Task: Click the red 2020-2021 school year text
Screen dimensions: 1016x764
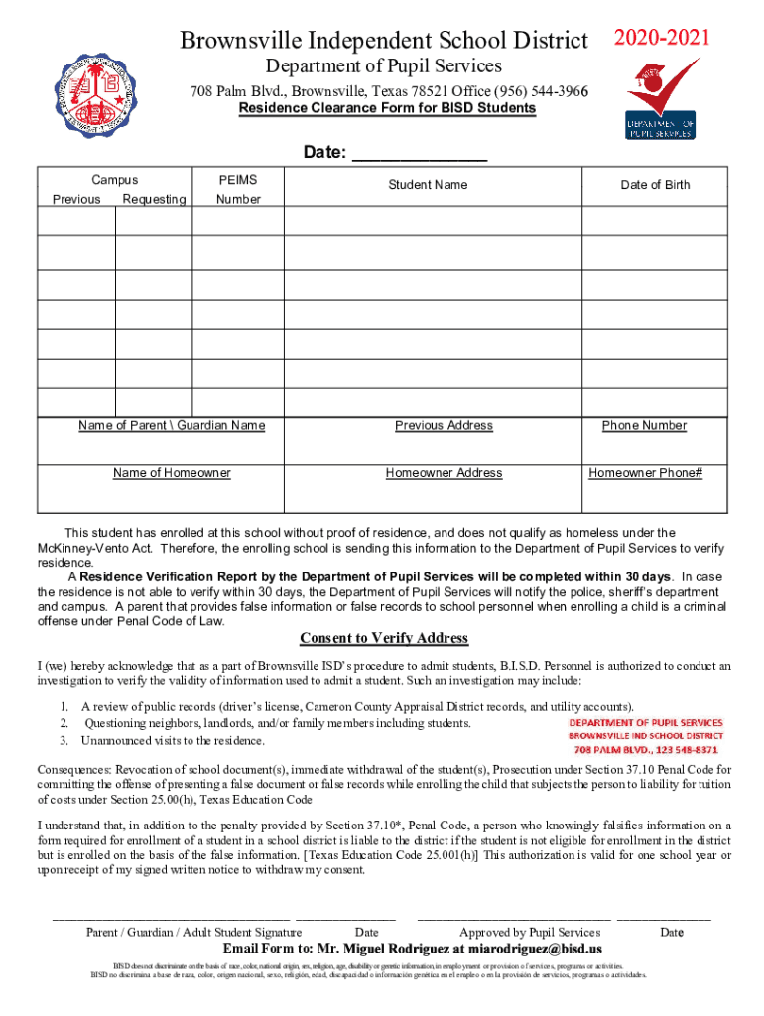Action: coord(662,39)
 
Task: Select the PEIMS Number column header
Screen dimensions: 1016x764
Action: coord(238,190)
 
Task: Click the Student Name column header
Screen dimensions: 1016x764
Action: coord(428,185)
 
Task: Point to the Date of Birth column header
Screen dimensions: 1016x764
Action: coord(655,185)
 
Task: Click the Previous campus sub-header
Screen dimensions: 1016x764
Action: coord(76,200)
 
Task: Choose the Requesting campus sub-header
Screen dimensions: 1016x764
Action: coord(154,200)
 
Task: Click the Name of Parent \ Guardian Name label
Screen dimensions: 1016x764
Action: coord(172,426)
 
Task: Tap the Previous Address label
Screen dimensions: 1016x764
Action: coord(444,426)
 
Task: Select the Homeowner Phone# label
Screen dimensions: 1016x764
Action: coord(645,473)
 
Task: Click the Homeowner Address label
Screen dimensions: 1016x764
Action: coord(444,473)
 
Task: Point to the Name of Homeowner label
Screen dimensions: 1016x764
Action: coord(172,473)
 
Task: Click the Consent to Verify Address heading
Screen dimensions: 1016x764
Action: coord(384,638)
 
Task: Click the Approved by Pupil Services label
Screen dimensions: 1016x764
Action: coord(530,932)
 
